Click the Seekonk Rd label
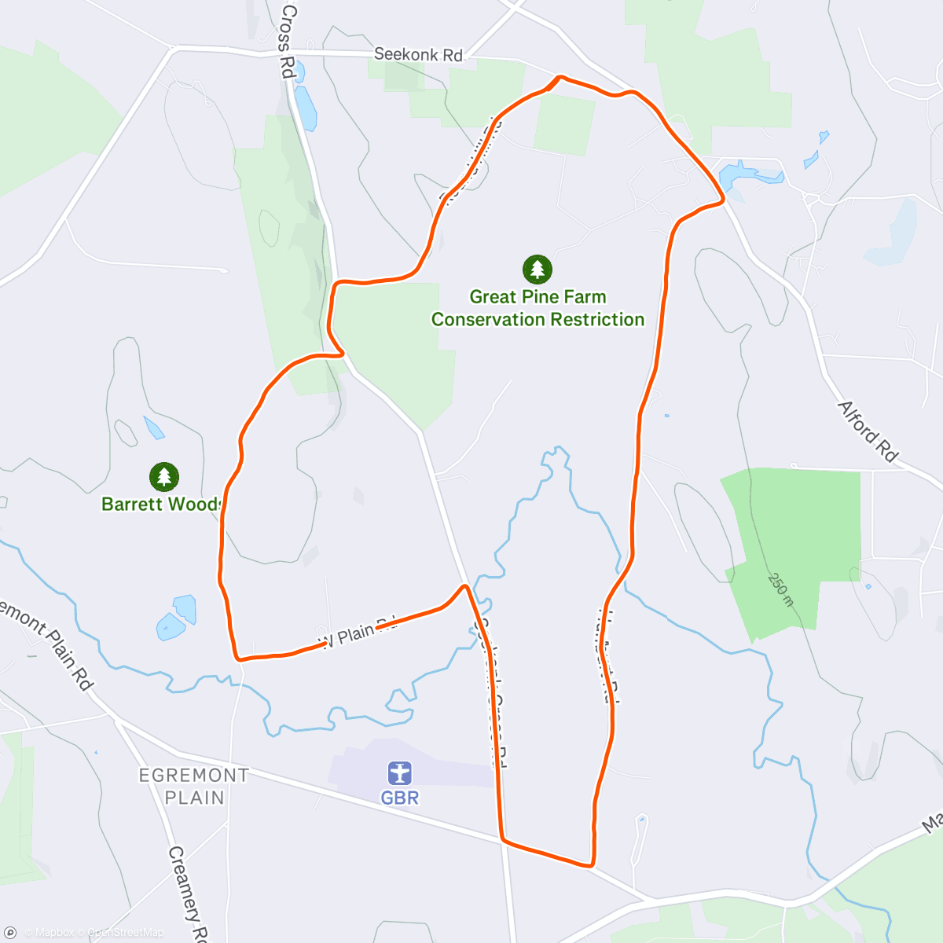point(418,55)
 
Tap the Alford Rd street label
point(868,431)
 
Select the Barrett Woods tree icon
point(163,476)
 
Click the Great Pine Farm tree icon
point(538,270)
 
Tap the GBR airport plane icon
point(400,773)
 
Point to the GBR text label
point(400,798)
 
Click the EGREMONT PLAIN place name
point(194,787)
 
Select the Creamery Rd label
point(187,893)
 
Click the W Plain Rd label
point(358,631)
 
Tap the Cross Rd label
point(288,41)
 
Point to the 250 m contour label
point(780,589)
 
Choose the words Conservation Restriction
point(538,320)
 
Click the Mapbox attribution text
point(53,933)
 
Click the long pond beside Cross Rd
point(305,108)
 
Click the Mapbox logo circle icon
point(10,933)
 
